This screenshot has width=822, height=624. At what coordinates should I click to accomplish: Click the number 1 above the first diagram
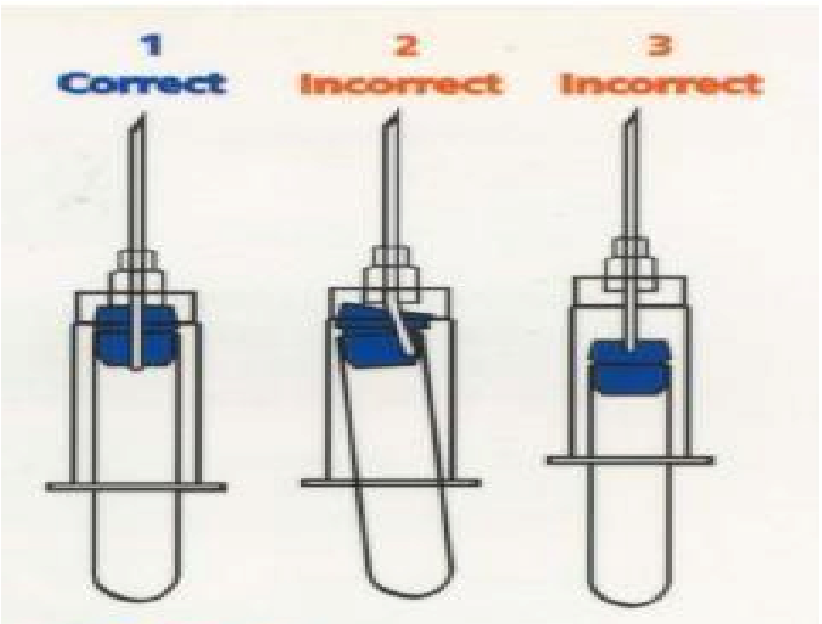151,45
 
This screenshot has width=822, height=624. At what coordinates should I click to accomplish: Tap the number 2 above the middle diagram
407,45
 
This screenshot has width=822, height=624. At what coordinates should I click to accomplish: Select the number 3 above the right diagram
660,45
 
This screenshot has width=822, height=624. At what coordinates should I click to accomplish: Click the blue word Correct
143,83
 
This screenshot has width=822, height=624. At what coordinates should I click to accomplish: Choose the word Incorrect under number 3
661,83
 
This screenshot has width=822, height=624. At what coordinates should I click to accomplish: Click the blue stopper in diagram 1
136,338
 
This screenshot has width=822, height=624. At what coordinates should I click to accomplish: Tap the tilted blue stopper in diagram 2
381,333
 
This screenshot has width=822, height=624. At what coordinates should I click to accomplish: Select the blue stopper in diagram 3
630,367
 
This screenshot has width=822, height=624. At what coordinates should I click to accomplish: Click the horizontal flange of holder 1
136,488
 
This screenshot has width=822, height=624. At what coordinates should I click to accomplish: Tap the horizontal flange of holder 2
390,482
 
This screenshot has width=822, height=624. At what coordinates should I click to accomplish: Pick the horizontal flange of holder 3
630,461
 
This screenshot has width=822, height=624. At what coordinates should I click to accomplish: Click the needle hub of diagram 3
631,264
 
